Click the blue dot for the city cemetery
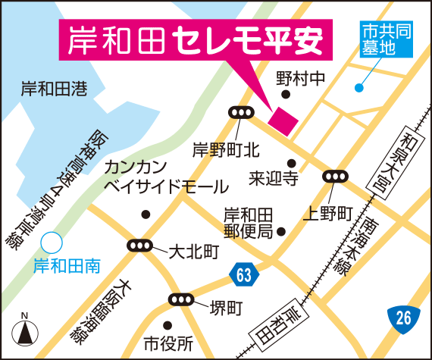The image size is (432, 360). pyautogui.click(x=358, y=88)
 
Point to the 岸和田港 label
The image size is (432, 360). pyautogui.click(x=54, y=89)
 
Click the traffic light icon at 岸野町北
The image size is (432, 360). pyautogui.click(x=242, y=113)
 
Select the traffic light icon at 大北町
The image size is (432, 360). pyautogui.click(x=140, y=246)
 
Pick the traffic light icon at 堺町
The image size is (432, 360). pyautogui.click(x=181, y=299)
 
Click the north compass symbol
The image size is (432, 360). pyautogui.click(x=24, y=333)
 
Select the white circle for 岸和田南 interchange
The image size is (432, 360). pyautogui.click(x=52, y=243)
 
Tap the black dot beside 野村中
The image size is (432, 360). pyautogui.click(x=286, y=95)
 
